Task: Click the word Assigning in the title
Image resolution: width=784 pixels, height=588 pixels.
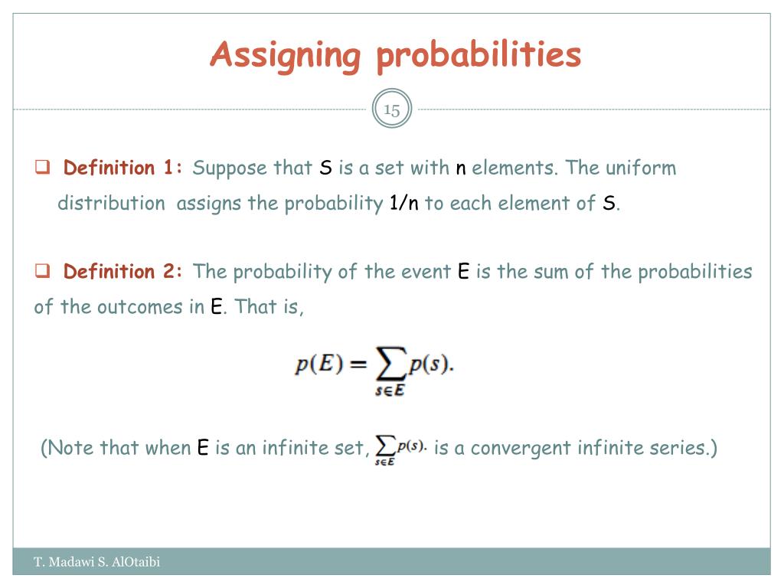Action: click(285, 55)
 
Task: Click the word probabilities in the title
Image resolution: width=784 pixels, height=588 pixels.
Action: click(479, 55)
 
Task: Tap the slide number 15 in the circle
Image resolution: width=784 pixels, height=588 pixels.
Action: click(392, 109)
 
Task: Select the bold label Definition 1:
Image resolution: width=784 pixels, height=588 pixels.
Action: click(123, 168)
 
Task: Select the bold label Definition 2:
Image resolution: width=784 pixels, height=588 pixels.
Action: click(123, 272)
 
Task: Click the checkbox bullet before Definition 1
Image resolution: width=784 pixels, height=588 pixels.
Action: click(43, 167)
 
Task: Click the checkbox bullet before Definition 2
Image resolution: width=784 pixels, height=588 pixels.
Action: click(43, 271)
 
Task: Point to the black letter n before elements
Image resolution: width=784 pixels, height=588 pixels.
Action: click(461, 168)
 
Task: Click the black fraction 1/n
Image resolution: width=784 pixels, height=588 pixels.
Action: click(403, 204)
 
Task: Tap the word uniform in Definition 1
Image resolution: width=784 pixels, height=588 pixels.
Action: click(641, 168)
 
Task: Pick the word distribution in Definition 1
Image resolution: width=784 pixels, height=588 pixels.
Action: click(111, 204)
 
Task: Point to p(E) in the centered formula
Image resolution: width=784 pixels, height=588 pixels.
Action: click(318, 364)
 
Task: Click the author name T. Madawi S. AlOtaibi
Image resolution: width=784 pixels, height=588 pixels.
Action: click(97, 563)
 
